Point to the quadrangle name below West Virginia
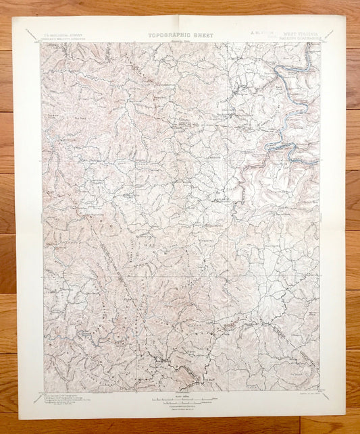coord(300,38)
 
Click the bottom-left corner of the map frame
coord(44,392)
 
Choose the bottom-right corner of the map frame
coord(320,391)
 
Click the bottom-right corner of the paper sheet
coord(345,416)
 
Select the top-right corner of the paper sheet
coord(346,16)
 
